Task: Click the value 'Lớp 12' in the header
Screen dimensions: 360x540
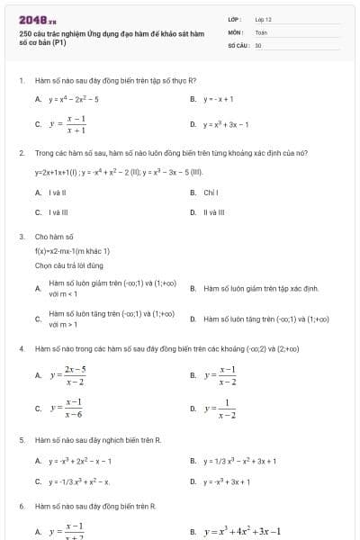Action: coord(263,18)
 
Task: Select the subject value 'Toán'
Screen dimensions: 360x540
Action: coord(261,31)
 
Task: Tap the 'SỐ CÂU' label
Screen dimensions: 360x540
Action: coord(237,44)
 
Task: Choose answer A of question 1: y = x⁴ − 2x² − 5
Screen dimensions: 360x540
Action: coord(75,99)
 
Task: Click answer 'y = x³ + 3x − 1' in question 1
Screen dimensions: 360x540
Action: coord(226,125)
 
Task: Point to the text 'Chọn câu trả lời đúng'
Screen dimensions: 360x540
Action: coord(68,265)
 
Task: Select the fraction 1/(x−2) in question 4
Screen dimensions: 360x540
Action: coord(220,409)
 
